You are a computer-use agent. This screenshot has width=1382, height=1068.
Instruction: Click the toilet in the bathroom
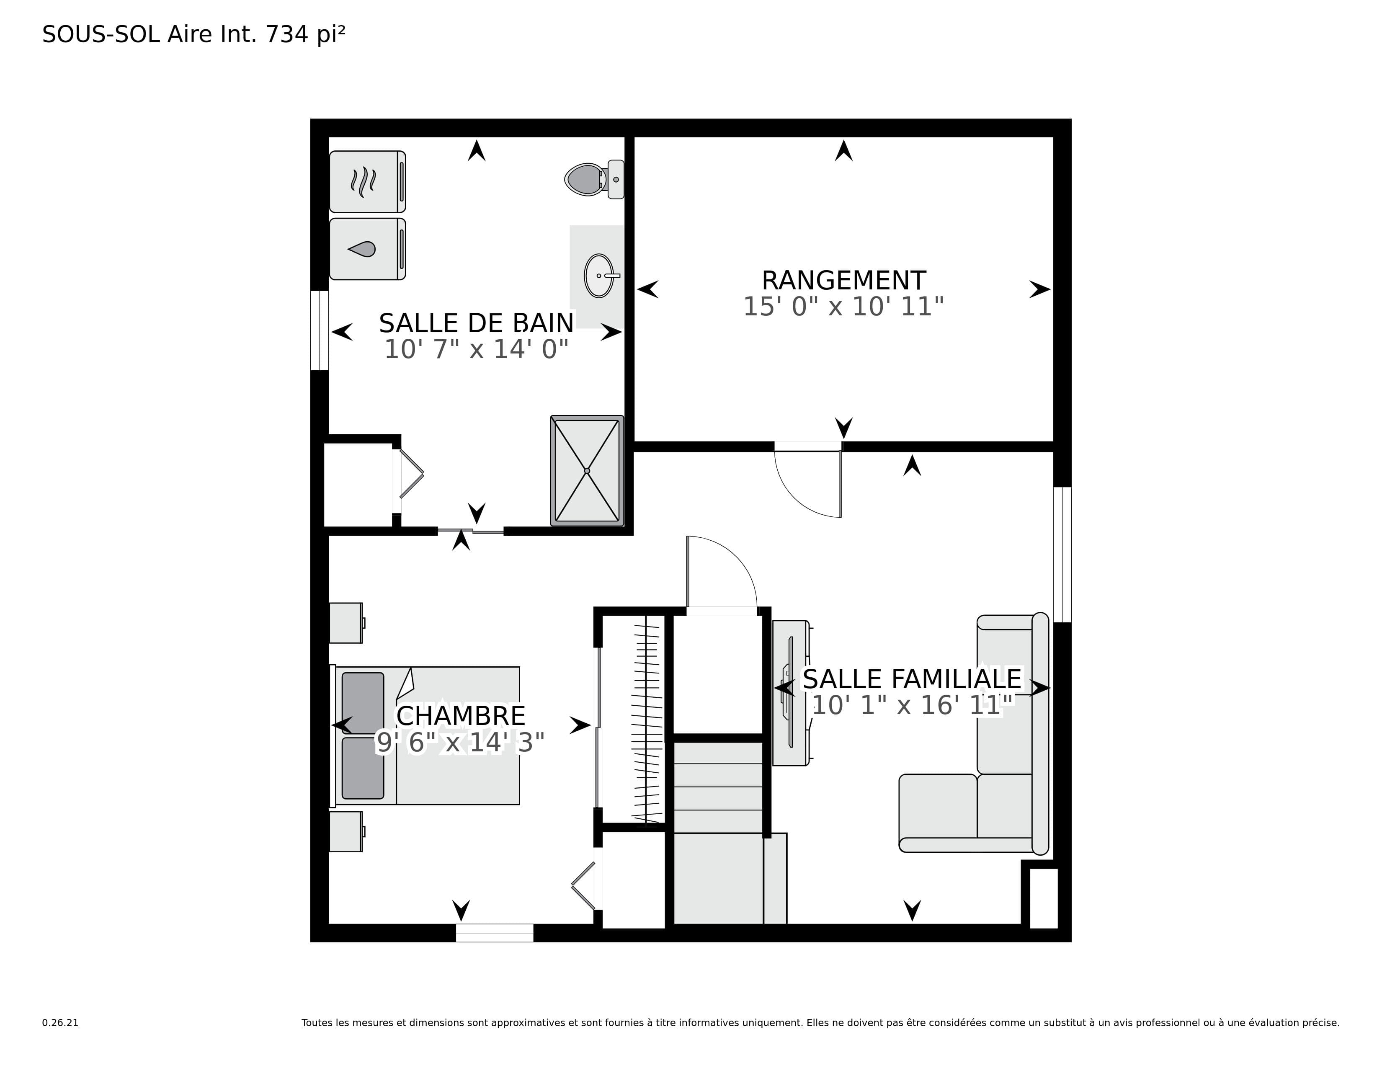[x=594, y=179]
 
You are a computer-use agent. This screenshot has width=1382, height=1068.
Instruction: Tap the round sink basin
[x=598, y=276]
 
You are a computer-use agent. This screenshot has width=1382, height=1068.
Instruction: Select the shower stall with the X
[x=587, y=471]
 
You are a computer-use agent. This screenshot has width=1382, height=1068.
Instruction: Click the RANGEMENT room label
[x=843, y=280]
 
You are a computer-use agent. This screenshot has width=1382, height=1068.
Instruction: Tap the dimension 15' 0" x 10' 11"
[x=843, y=307]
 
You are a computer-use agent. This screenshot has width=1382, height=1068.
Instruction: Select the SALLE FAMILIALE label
[x=912, y=679]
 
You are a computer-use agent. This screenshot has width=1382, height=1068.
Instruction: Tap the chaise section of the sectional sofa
[x=938, y=813]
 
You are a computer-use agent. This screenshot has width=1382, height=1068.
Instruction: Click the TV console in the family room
[x=791, y=693]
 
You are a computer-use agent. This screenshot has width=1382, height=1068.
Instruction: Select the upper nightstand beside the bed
[x=346, y=623]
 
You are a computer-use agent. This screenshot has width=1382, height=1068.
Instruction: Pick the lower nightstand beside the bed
[x=346, y=831]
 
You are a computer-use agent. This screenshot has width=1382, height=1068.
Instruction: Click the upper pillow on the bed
[x=363, y=703]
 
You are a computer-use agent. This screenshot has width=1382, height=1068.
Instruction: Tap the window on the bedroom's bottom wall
[x=495, y=933]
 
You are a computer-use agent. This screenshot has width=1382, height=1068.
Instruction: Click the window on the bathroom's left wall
[x=320, y=330]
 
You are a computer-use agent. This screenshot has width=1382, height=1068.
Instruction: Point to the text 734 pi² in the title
[x=306, y=34]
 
